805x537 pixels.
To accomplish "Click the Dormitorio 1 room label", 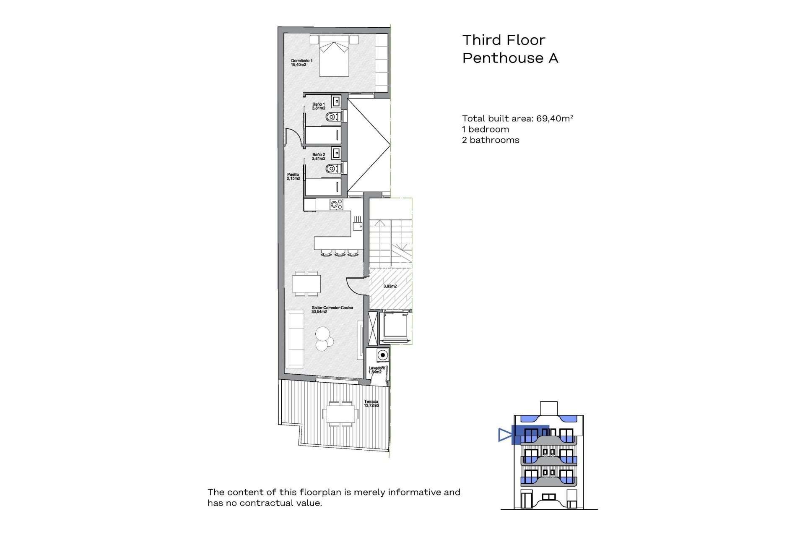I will [301, 63].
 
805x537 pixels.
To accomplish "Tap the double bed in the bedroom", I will [334, 59].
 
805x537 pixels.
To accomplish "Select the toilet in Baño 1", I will [332, 117].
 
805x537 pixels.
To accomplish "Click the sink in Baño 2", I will [336, 153].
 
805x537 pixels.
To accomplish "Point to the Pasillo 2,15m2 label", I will [293, 176].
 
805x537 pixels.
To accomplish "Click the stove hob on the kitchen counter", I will [336, 205].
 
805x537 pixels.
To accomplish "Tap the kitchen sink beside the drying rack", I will [357, 226].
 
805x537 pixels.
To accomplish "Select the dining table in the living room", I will [306, 284].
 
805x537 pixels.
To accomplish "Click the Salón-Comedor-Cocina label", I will [332, 309].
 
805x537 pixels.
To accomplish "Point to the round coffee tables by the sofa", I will [324, 339].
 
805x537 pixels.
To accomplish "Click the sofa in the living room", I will [295, 339].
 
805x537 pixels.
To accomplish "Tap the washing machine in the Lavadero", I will [382, 355].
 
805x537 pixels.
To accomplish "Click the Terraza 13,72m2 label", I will [371, 403].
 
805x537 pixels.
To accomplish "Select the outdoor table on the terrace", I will [340, 414].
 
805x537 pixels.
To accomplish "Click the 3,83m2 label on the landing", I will [390, 286].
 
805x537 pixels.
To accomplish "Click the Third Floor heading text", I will [504, 40].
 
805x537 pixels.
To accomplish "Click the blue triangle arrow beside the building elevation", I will [504, 435].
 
